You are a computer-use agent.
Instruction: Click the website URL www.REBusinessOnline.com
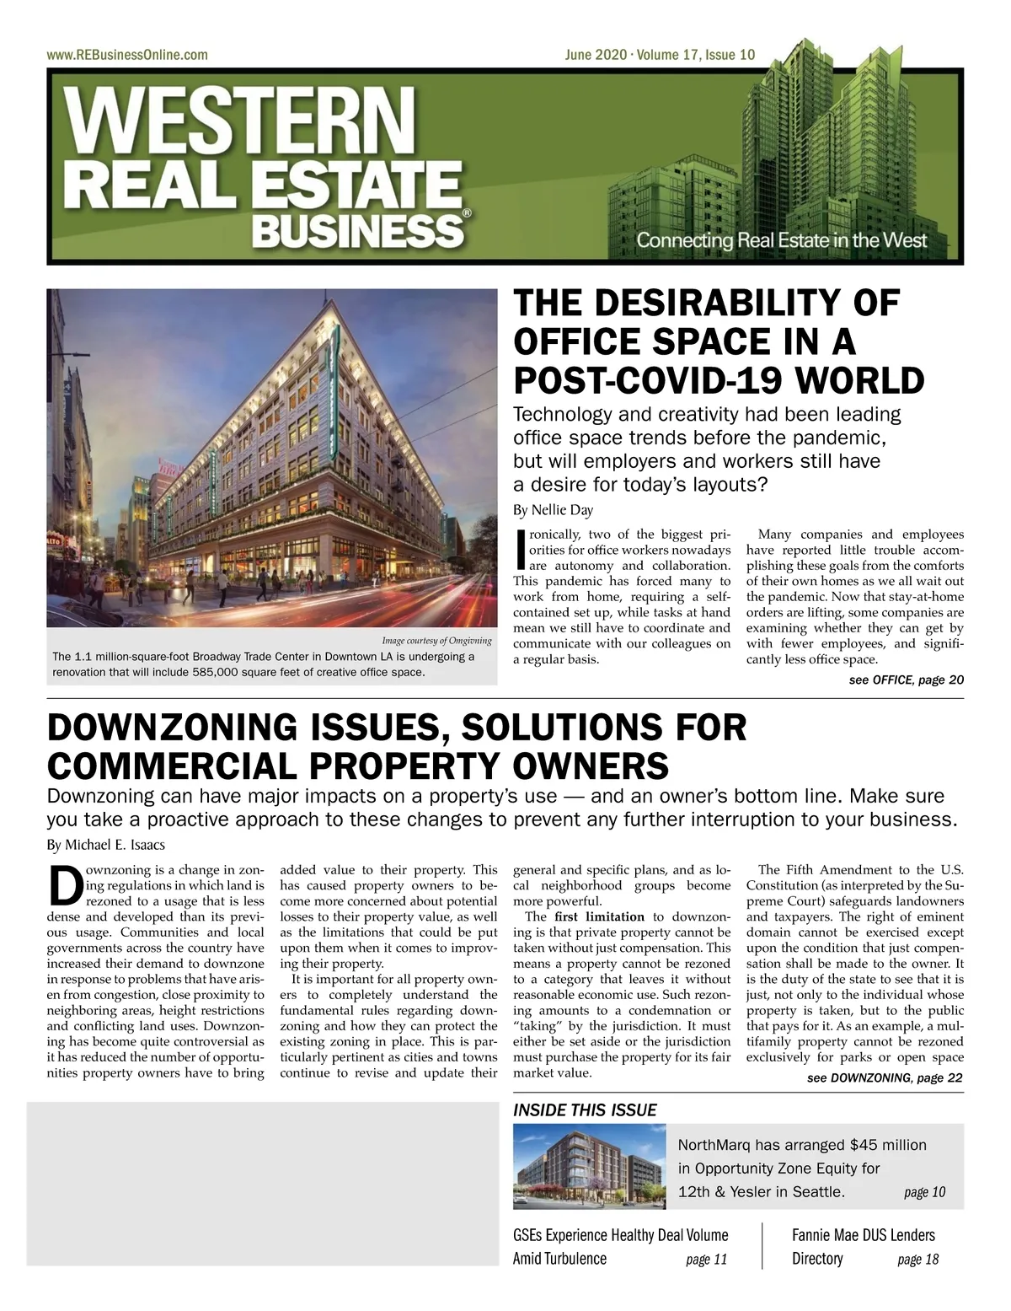click(x=127, y=55)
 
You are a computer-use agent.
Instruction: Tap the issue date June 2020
click(x=596, y=55)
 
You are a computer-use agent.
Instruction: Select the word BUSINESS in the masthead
click(x=357, y=228)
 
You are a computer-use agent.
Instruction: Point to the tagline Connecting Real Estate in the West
click(x=781, y=239)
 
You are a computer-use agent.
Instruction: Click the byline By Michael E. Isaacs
click(x=105, y=845)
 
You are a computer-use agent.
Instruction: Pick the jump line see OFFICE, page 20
click(x=906, y=680)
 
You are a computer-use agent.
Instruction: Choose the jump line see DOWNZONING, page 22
click(x=885, y=1077)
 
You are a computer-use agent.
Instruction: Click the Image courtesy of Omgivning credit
click(x=436, y=641)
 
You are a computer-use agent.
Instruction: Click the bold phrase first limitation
click(x=599, y=916)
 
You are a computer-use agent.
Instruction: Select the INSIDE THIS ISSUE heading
click(x=585, y=1110)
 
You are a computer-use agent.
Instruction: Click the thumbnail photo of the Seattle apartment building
click(x=590, y=1167)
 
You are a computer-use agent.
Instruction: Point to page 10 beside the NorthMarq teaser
click(x=924, y=1192)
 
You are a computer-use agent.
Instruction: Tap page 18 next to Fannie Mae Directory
click(x=917, y=1260)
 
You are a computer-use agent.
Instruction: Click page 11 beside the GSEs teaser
click(x=706, y=1260)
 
